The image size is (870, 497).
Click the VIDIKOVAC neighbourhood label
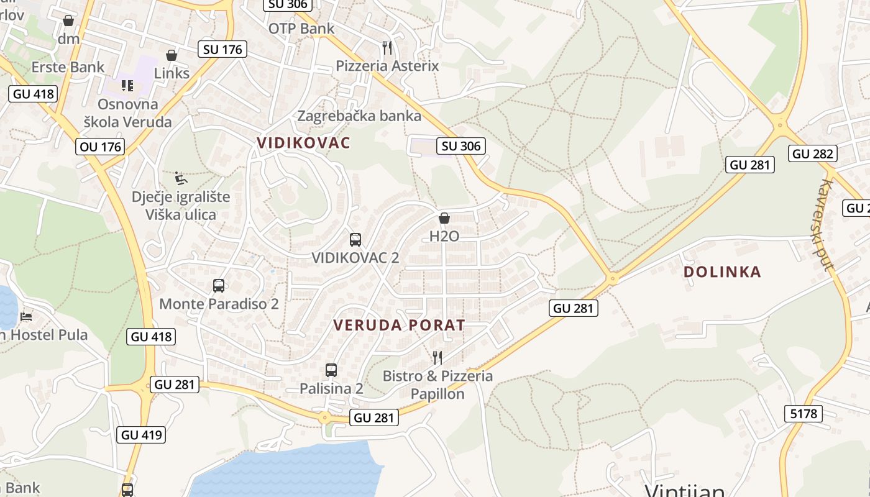click(304, 143)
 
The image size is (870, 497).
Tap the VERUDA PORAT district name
click(399, 325)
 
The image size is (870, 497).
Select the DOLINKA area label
click(722, 272)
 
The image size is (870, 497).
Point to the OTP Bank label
click(301, 29)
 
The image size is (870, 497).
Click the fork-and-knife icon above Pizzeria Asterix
click(387, 48)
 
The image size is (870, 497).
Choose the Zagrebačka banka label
click(359, 116)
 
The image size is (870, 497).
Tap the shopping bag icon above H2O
click(444, 218)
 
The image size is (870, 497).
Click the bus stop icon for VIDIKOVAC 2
click(355, 240)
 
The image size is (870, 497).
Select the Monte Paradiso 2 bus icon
click(219, 286)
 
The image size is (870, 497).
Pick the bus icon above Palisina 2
click(331, 370)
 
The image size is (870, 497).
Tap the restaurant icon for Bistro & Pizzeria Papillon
click(437, 357)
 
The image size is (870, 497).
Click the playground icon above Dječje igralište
click(180, 179)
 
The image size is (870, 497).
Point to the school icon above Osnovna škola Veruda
click(127, 86)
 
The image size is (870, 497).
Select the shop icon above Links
click(172, 55)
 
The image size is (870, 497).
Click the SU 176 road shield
click(222, 49)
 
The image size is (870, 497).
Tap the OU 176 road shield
click(101, 147)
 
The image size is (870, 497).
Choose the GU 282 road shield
click(813, 153)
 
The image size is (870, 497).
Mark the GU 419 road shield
click(142, 435)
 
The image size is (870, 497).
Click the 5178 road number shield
click(804, 414)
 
